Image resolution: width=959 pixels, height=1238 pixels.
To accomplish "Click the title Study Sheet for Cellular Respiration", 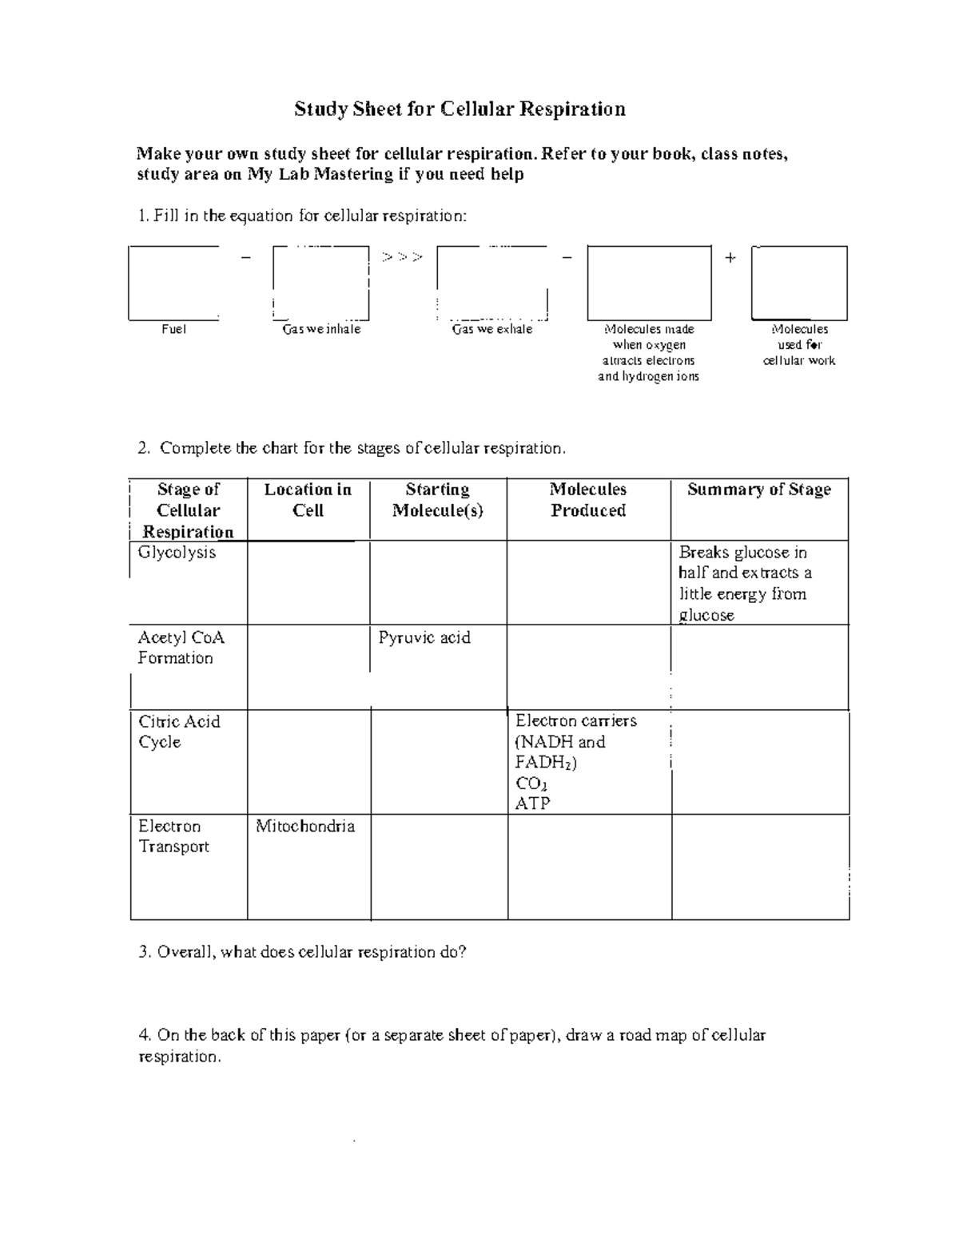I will coord(460,109).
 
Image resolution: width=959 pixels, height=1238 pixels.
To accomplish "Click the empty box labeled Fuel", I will coord(173,283).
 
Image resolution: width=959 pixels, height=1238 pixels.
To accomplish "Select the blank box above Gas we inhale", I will coord(320,283).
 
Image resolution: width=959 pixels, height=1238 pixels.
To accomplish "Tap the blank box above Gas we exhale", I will coord(492,283).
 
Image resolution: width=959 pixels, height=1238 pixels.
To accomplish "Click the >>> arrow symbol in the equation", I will coord(403,257).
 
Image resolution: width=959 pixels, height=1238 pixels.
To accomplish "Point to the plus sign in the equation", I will coord(730,257).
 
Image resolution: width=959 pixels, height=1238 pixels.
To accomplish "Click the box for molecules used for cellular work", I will coord(799,283).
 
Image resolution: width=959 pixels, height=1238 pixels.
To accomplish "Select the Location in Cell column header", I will coord(308,500).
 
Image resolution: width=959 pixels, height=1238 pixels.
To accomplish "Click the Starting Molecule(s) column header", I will coord(437,500).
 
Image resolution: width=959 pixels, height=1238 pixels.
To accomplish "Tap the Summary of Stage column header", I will coord(758,490).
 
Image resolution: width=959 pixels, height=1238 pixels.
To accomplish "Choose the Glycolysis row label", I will coord(177,553).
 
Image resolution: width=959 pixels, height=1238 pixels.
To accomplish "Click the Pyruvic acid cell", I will coord(424,637).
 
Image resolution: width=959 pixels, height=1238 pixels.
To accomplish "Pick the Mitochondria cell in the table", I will coord(304,826).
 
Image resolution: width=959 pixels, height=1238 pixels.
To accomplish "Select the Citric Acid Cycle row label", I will coord(178,732).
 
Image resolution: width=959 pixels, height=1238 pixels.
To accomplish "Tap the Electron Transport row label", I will coord(173,836).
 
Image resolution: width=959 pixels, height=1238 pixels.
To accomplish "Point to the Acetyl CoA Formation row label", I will coord(181,648).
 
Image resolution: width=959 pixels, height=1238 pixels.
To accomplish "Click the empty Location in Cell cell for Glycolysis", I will coord(308,582).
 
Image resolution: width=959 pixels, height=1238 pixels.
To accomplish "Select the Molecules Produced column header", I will coord(588,500).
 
